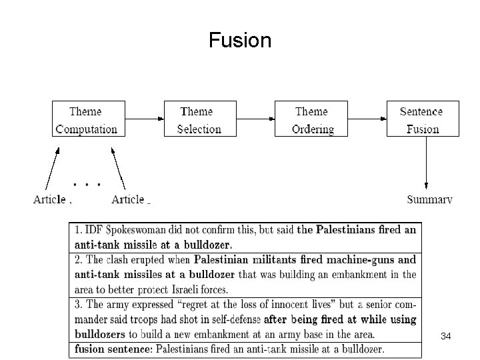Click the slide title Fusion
click(239, 41)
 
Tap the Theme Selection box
click(199, 120)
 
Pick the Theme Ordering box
click(312, 120)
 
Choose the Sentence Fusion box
click(423, 120)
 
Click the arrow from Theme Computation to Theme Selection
click(144, 120)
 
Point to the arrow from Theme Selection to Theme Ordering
click(255, 120)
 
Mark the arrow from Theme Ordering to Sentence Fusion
click(366, 120)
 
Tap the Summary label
click(429, 199)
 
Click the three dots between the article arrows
click(87, 181)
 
